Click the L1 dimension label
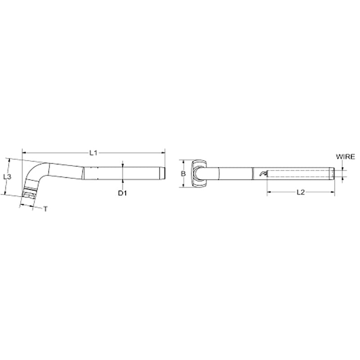(94, 153)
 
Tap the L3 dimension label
(7, 177)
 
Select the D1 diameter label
(122, 193)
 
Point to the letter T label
(46, 209)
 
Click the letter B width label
(183, 174)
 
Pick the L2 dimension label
(301, 192)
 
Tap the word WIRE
(346, 157)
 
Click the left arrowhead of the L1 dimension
(24, 153)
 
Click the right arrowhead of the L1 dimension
(163, 153)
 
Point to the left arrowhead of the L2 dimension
(269, 192)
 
